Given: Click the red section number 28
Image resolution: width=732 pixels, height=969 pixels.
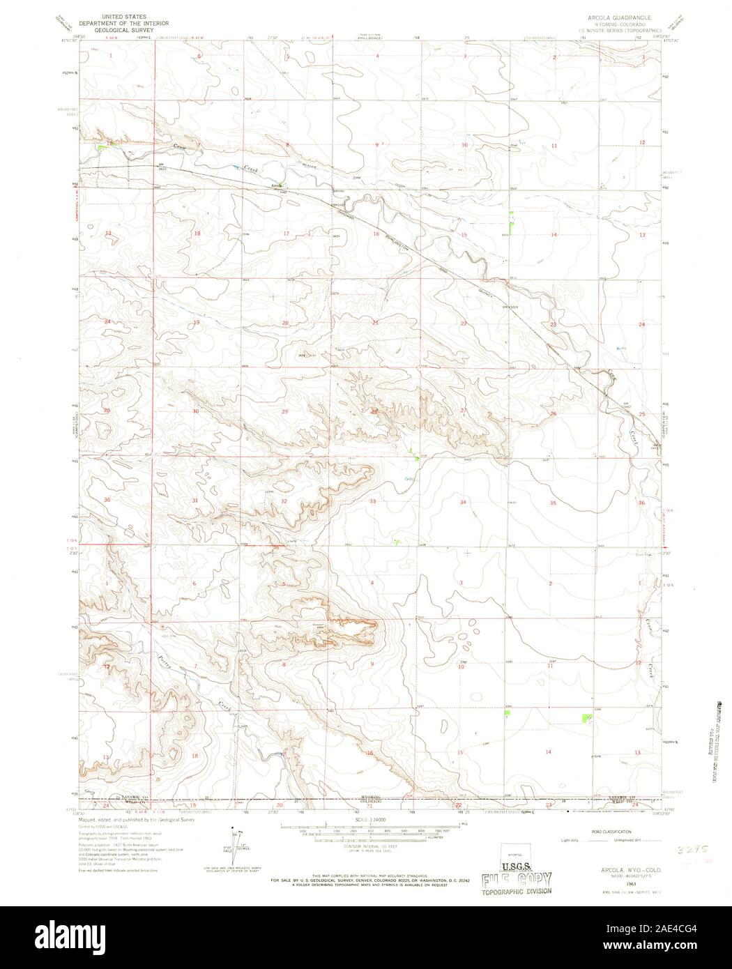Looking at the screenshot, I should pos(374,412).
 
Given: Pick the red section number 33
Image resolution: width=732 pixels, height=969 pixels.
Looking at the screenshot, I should pos(373,501).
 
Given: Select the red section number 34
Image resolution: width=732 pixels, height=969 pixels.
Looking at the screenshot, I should pos(462,502).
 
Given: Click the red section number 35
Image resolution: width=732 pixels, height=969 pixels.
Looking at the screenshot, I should pos(553,502).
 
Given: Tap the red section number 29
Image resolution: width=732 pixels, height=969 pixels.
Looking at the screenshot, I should pos(284,412).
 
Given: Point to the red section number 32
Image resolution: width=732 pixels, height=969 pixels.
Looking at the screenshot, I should pos(284,501).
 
